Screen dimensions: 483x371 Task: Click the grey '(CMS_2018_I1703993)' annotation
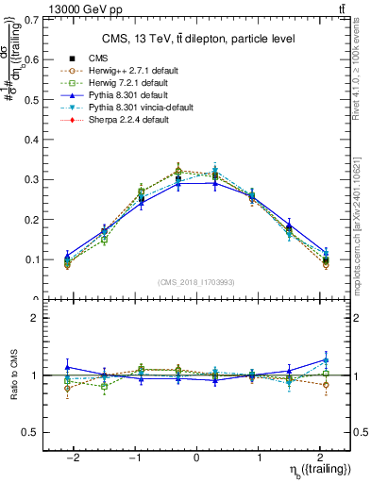[x=195, y=283]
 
